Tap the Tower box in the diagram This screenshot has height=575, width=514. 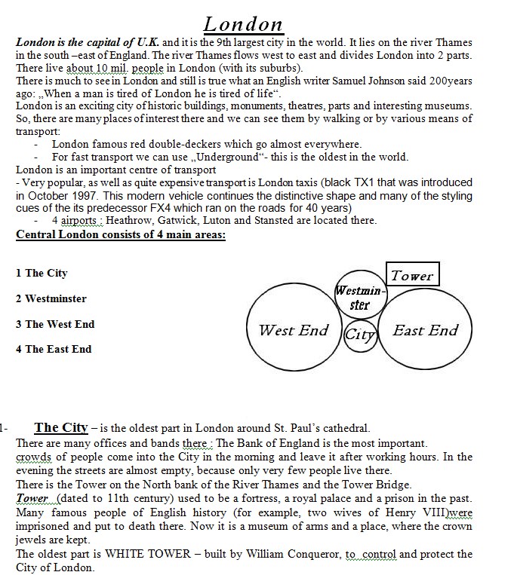pyautogui.click(x=412, y=276)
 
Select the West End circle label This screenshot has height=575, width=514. pyautogui.click(x=294, y=330)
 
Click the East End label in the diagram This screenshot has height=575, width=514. pyautogui.click(x=425, y=330)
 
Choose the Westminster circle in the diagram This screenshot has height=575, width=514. pyautogui.click(x=360, y=297)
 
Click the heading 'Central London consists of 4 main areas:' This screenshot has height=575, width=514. pyautogui.click(x=121, y=234)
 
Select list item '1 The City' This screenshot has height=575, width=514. pyautogui.click(x=42, y=273)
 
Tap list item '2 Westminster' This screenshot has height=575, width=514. pyautogui.click(x=51, y=298)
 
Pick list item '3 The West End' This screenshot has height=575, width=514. pyautogui.click(x=55, y=324)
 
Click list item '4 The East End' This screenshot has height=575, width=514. pyautogui.click(x=54, y=349)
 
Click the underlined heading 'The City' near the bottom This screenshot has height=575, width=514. pyautogui.click(x=61, y=428)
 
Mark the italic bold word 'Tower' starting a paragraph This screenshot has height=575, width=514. pyautogui.click(x=32, y=499)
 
